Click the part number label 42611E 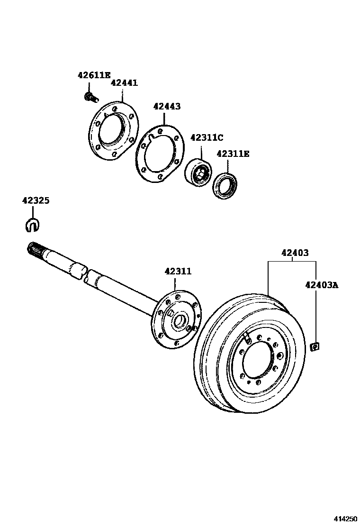[x=94, y=75]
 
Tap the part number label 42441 [x=124, y=83]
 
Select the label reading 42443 [x=167, y=107]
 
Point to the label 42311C [x=207, y=137]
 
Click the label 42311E [x=233, y=154]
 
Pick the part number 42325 [x=36, y=200]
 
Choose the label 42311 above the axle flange [x=178, y=272]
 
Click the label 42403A [x=322, y=285]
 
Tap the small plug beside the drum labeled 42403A [x=313, y=347]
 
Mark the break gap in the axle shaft [x=85, y=275]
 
